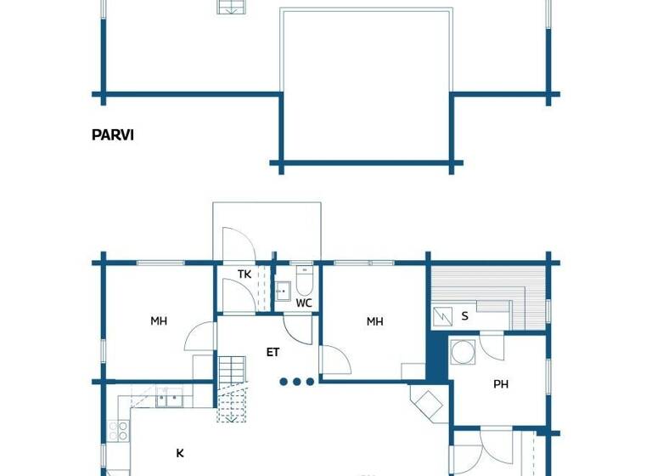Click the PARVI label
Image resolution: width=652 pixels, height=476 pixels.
click(113, 134)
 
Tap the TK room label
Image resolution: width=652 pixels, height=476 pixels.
click(244, 274)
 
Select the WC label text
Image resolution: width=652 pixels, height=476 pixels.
click(304, 303)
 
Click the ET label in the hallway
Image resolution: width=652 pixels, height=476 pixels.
click(273, 351)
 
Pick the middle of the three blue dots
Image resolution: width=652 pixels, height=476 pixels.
click(297, 382)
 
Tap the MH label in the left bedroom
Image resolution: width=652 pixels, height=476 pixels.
click(159, 321)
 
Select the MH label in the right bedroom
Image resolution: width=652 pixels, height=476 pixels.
click(374, 321)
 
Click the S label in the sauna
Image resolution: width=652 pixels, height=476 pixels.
click(464, 316)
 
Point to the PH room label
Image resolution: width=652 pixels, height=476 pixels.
click(501, 384)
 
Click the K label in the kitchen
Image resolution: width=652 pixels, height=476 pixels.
click(180, 453)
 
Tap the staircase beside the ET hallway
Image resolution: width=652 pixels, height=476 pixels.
click(231, 388)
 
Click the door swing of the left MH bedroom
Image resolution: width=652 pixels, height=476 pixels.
click(200, 337)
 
